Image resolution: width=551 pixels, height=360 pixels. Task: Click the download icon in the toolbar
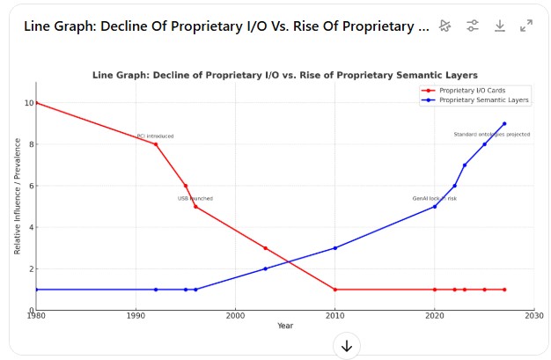499,26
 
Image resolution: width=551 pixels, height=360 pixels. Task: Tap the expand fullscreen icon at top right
526,26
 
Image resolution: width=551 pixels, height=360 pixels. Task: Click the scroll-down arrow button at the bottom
347,346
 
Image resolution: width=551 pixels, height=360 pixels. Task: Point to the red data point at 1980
36,103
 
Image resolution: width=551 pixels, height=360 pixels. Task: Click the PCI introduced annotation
155,136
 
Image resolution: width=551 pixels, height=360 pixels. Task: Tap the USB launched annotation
195,199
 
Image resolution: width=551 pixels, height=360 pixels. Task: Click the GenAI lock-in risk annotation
435,199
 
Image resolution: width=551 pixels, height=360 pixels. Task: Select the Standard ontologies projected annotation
491,135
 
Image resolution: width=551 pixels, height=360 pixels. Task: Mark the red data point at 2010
334,290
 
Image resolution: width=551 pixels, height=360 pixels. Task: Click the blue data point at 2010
334,248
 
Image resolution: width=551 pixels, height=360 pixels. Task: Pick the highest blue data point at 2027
504,124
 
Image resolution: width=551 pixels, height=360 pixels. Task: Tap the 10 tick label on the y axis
28,103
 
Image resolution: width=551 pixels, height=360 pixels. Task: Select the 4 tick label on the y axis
30,227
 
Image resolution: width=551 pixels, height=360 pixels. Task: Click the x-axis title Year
285,326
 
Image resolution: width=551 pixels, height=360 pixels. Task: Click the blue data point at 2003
265,268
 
